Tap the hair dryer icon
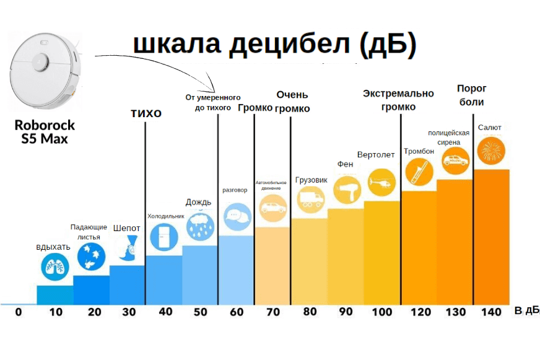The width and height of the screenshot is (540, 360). coord(346,189)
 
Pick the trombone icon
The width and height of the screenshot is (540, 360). coord(418,171)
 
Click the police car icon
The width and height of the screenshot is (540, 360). coord(455,160)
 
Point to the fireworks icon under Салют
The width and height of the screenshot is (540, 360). coord(491,150)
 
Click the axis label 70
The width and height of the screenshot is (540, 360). coord(273,312)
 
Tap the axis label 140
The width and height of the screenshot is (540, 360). coord(491,312)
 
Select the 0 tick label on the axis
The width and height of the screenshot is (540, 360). coord(18,312)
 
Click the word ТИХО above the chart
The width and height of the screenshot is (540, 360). coord(146,113)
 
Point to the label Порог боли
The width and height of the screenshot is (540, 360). coord(472,95)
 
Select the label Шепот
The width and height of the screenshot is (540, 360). coord(126,228)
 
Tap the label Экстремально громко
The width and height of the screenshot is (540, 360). coord(398,100)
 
